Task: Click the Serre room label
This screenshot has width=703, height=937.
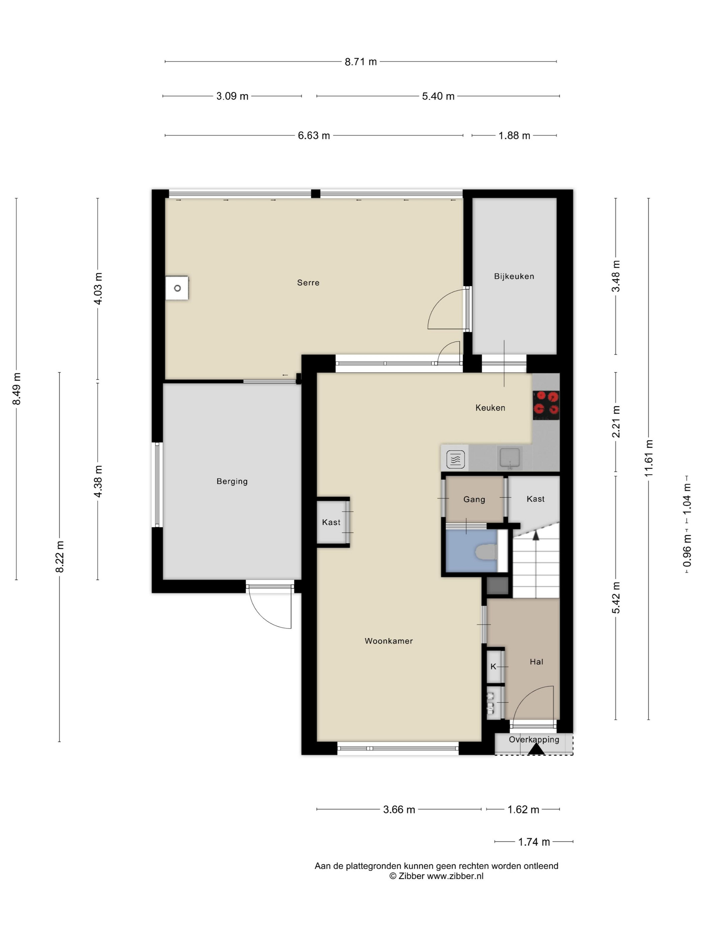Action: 308,282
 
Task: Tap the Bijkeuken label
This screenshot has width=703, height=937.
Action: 514,276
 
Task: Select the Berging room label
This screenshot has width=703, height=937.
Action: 232,481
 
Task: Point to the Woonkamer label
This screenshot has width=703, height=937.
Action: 389,641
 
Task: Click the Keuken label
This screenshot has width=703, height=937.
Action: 490,408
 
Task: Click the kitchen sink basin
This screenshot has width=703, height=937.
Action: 510,457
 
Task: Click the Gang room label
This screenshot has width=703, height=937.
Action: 474,499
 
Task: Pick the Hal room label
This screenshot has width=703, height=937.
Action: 537,662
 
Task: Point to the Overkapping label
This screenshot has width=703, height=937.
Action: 534,740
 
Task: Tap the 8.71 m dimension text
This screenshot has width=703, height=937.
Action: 361,62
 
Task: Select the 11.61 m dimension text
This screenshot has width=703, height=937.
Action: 649,458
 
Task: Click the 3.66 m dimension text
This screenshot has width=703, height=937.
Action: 399,810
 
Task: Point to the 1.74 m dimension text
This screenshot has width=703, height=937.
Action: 534,842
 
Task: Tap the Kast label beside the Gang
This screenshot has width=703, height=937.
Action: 536,499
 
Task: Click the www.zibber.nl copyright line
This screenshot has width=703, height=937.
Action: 437,876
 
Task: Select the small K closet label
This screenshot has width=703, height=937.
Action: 493,666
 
